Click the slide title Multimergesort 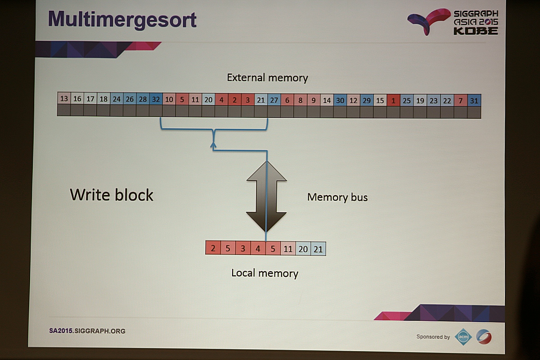[122, 20]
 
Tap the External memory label [267, 78]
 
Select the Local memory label [265, 273]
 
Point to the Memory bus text [337, 197]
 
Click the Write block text [112, 195]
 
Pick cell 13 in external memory [64, 99]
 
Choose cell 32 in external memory [156, 99]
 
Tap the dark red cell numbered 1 [393, 100]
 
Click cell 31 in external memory [474, 101]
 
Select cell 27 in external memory [274, 100]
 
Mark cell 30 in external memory [340, 100]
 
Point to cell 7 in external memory [460, 101]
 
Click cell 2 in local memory [213, 248]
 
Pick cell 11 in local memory [288, 248]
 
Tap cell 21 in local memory [318, 249]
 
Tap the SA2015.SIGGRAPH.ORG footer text [87, 331]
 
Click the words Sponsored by [433, 337]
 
